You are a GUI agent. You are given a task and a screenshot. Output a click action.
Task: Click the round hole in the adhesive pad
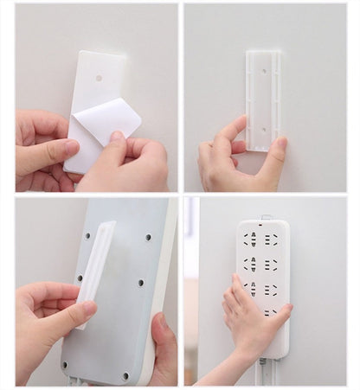click(99, 77)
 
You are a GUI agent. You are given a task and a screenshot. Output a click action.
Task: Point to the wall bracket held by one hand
click(262, 99)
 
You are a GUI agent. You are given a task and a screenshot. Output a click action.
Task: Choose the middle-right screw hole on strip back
click(140, 282)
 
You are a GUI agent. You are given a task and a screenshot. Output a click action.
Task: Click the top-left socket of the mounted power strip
click(252, 237)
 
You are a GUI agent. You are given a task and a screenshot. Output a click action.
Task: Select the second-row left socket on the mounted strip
click(252, 263)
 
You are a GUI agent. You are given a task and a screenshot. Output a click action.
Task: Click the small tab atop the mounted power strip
click(266, 217)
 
